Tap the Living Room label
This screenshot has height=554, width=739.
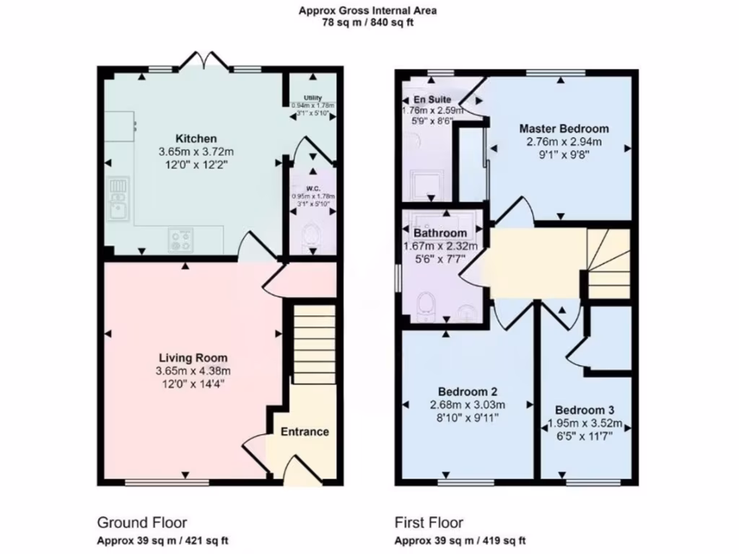[193, 358]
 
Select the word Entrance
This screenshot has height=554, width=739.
[305, 431]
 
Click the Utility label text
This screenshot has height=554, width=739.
[312, 98]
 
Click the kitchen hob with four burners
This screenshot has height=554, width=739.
[181, 239]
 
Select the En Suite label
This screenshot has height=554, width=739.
[432, 99]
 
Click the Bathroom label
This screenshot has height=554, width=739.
[440, 234]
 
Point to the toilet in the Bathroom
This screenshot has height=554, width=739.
[426, 304]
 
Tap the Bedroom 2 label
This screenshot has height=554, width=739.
[468, 392]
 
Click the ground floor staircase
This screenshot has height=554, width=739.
[313, 343]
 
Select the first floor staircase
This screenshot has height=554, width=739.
[608, 263]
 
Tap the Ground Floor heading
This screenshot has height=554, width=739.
[142, 522]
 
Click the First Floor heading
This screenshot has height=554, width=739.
[429, 522]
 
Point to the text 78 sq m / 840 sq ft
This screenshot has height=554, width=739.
[368, 22]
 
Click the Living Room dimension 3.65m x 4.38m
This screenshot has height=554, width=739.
[193, 371]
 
